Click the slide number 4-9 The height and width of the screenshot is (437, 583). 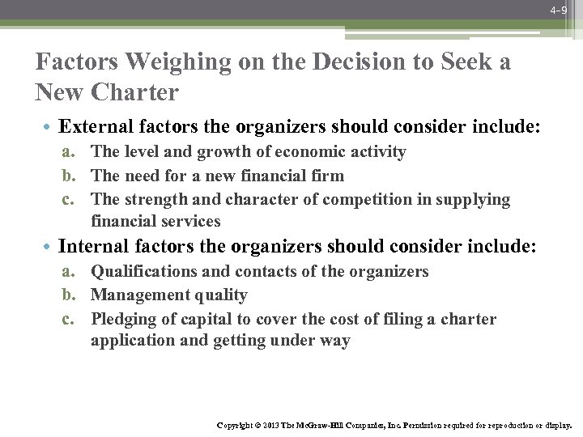[x=557, y=11]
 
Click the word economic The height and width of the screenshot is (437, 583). [x=309, y=152]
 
